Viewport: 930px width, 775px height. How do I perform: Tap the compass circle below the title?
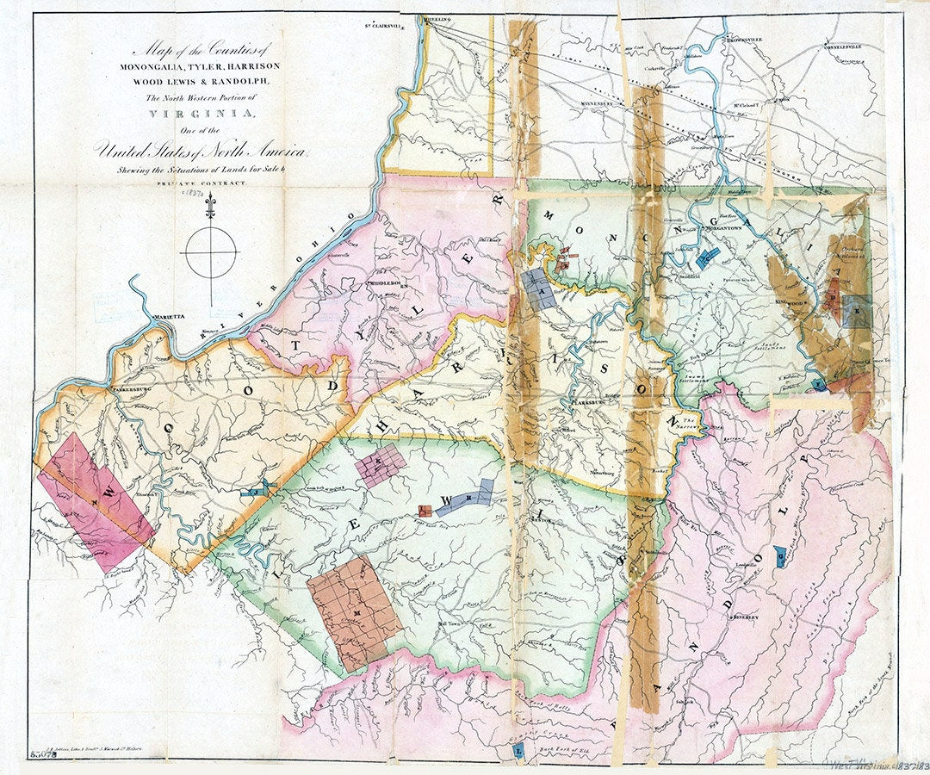[x=211, y=252]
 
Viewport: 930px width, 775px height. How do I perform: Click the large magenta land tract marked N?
[x=95, y=502]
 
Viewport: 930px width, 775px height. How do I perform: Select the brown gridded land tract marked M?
[x=354, y=611]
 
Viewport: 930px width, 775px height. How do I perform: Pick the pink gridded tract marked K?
[x=380, y=467]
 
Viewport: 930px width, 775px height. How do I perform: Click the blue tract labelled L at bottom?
[x=517, y=752]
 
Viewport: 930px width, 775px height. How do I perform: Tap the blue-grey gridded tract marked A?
[x=539, y=288]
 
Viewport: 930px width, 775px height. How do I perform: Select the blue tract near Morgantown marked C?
[x=709, y=256]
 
